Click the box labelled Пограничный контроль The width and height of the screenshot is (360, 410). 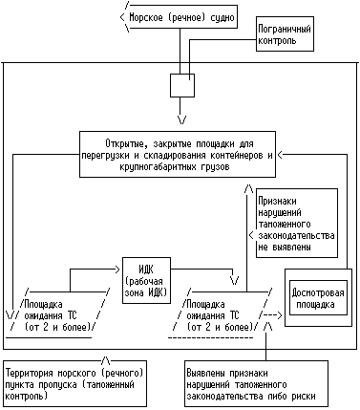pos(286,36)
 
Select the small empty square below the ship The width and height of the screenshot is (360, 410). pos(181,84)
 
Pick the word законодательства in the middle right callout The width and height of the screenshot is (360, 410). pos(295,235)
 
